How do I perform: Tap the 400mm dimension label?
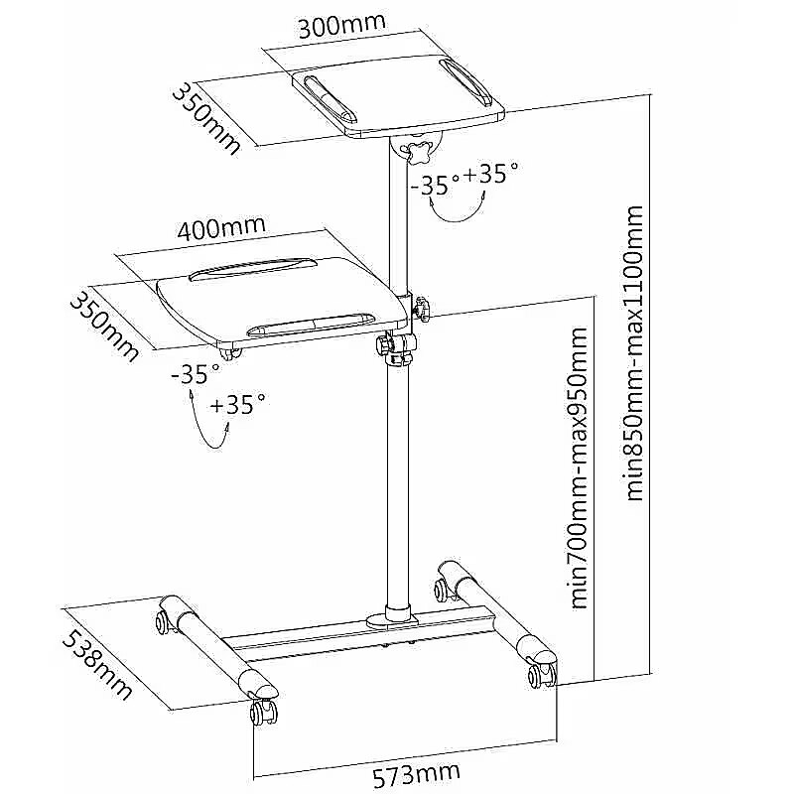pos(222,227)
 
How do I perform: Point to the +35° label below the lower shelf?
pos(238,405)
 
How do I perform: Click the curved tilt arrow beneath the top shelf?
pos(456,207)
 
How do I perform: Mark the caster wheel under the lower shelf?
pos(228,351)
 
